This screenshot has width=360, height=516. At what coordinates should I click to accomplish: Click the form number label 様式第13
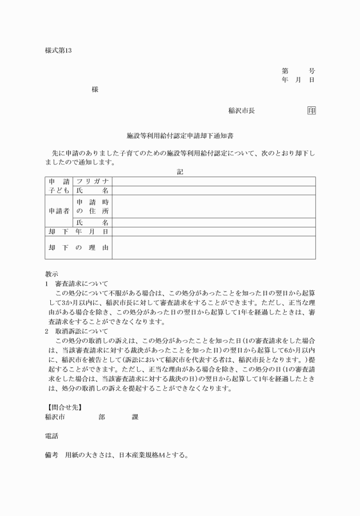58,50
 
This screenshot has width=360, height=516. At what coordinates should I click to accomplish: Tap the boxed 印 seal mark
311,111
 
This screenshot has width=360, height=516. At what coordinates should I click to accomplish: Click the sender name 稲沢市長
242,111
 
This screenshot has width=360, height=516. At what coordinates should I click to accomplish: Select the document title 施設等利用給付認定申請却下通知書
180,137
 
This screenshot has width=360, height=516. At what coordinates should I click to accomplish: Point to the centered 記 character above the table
180,171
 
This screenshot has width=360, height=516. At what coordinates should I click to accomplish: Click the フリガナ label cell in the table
93,182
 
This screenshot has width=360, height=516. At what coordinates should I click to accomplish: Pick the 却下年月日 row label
78,232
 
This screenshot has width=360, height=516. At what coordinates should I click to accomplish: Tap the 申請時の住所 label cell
93,206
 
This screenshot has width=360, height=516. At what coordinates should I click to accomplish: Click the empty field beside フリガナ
214,182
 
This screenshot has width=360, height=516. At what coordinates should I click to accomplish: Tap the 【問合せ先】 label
63,407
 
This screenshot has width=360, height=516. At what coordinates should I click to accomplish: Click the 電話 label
51,436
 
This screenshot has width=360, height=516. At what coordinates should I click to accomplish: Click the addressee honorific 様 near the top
95,90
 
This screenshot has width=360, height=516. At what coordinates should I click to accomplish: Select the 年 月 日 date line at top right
298,80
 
